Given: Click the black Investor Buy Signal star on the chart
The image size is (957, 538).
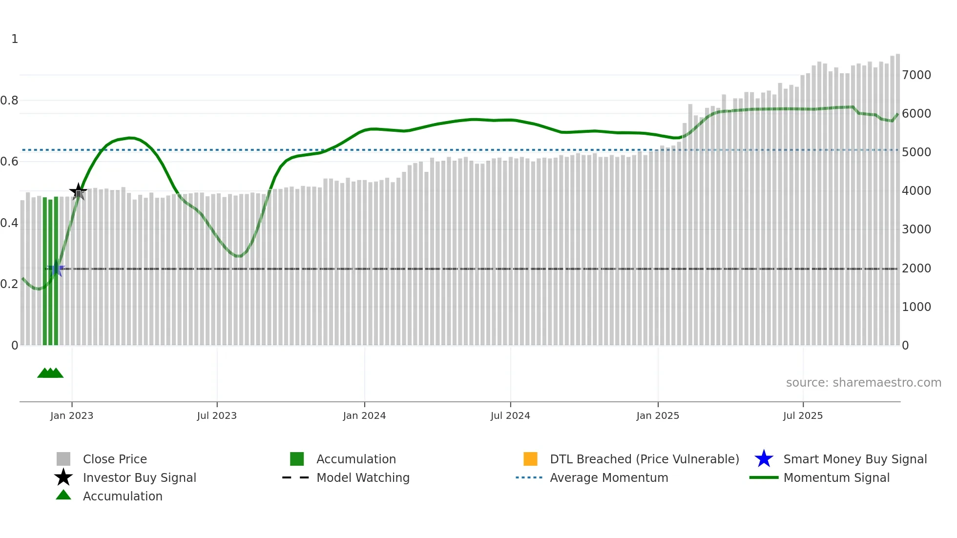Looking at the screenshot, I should click(78, 191).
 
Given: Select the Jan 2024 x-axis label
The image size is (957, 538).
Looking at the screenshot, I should click(364, 415).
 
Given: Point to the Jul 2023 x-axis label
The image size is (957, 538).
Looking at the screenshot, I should click(217, 415).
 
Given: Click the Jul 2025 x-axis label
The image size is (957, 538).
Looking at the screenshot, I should click(803, 415).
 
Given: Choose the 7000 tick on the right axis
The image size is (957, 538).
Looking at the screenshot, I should click(916, 75).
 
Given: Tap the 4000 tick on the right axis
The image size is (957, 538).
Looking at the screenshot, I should click(916, 191).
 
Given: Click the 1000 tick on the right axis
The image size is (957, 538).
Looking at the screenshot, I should click(916, 307).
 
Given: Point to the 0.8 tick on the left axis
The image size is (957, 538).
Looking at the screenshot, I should click(9, 101).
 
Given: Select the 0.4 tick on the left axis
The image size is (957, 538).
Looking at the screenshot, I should click(9, 223).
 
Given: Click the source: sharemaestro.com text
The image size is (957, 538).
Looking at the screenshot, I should click(863, 383).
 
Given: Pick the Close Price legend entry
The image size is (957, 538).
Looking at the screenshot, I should click(115, 459).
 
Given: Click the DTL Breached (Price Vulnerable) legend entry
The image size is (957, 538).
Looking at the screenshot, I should click(644, 459).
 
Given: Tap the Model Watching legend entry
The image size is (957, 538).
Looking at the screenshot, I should click(363, 478).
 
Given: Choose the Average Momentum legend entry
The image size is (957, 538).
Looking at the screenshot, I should click(609, 478).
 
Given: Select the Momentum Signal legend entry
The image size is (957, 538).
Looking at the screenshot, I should click(836, 478).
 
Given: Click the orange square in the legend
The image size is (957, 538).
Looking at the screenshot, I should click(530, 459).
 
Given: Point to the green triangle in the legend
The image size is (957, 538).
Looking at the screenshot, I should click(63, 495).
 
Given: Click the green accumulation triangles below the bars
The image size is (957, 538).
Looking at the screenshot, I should click(50, 373).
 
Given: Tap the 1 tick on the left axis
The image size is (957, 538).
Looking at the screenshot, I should click(15, 39).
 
